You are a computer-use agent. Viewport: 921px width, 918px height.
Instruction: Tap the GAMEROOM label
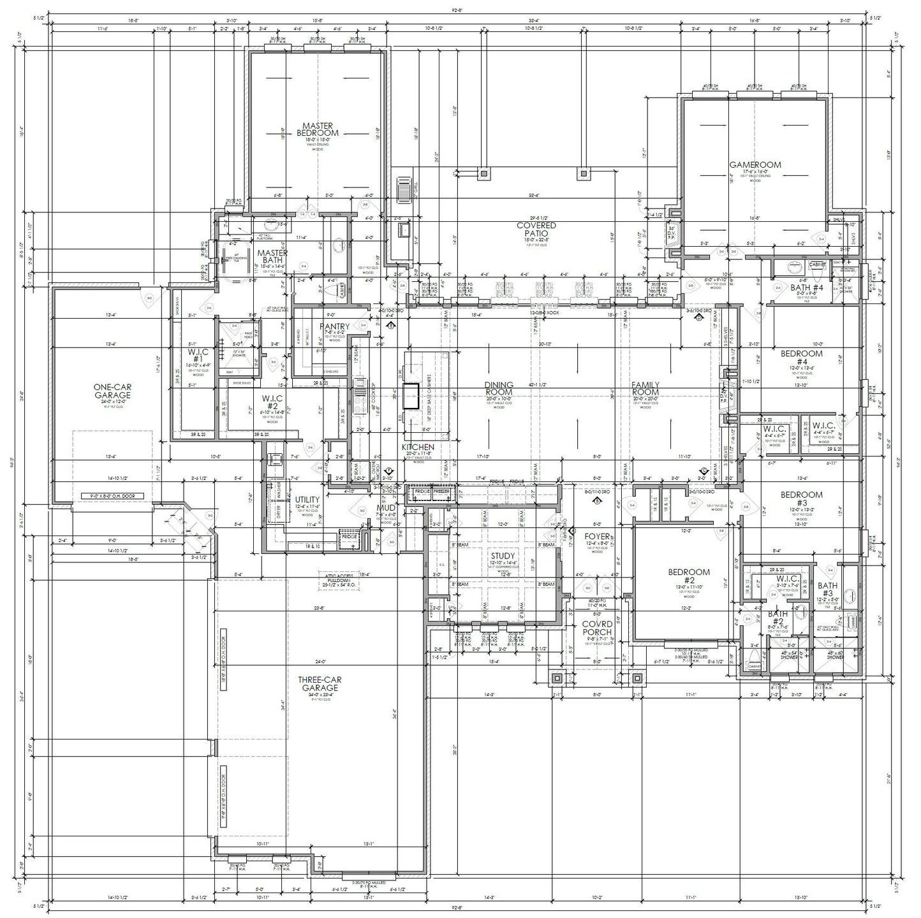755,164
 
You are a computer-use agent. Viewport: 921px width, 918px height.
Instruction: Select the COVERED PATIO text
536,229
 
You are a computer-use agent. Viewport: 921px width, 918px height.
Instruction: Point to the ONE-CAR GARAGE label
112,391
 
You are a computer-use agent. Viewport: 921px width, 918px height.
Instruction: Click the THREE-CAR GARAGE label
317,683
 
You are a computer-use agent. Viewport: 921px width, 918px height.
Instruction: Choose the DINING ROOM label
499,389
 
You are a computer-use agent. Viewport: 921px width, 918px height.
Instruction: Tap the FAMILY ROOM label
645,389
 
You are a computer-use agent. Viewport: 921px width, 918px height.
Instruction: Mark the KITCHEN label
418,448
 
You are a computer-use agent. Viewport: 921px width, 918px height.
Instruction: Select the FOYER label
597,537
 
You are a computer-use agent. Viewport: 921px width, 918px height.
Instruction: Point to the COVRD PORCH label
596,628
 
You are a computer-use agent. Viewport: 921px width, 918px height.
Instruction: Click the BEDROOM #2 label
689,576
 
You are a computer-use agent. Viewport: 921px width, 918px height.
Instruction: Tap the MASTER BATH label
272,257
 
